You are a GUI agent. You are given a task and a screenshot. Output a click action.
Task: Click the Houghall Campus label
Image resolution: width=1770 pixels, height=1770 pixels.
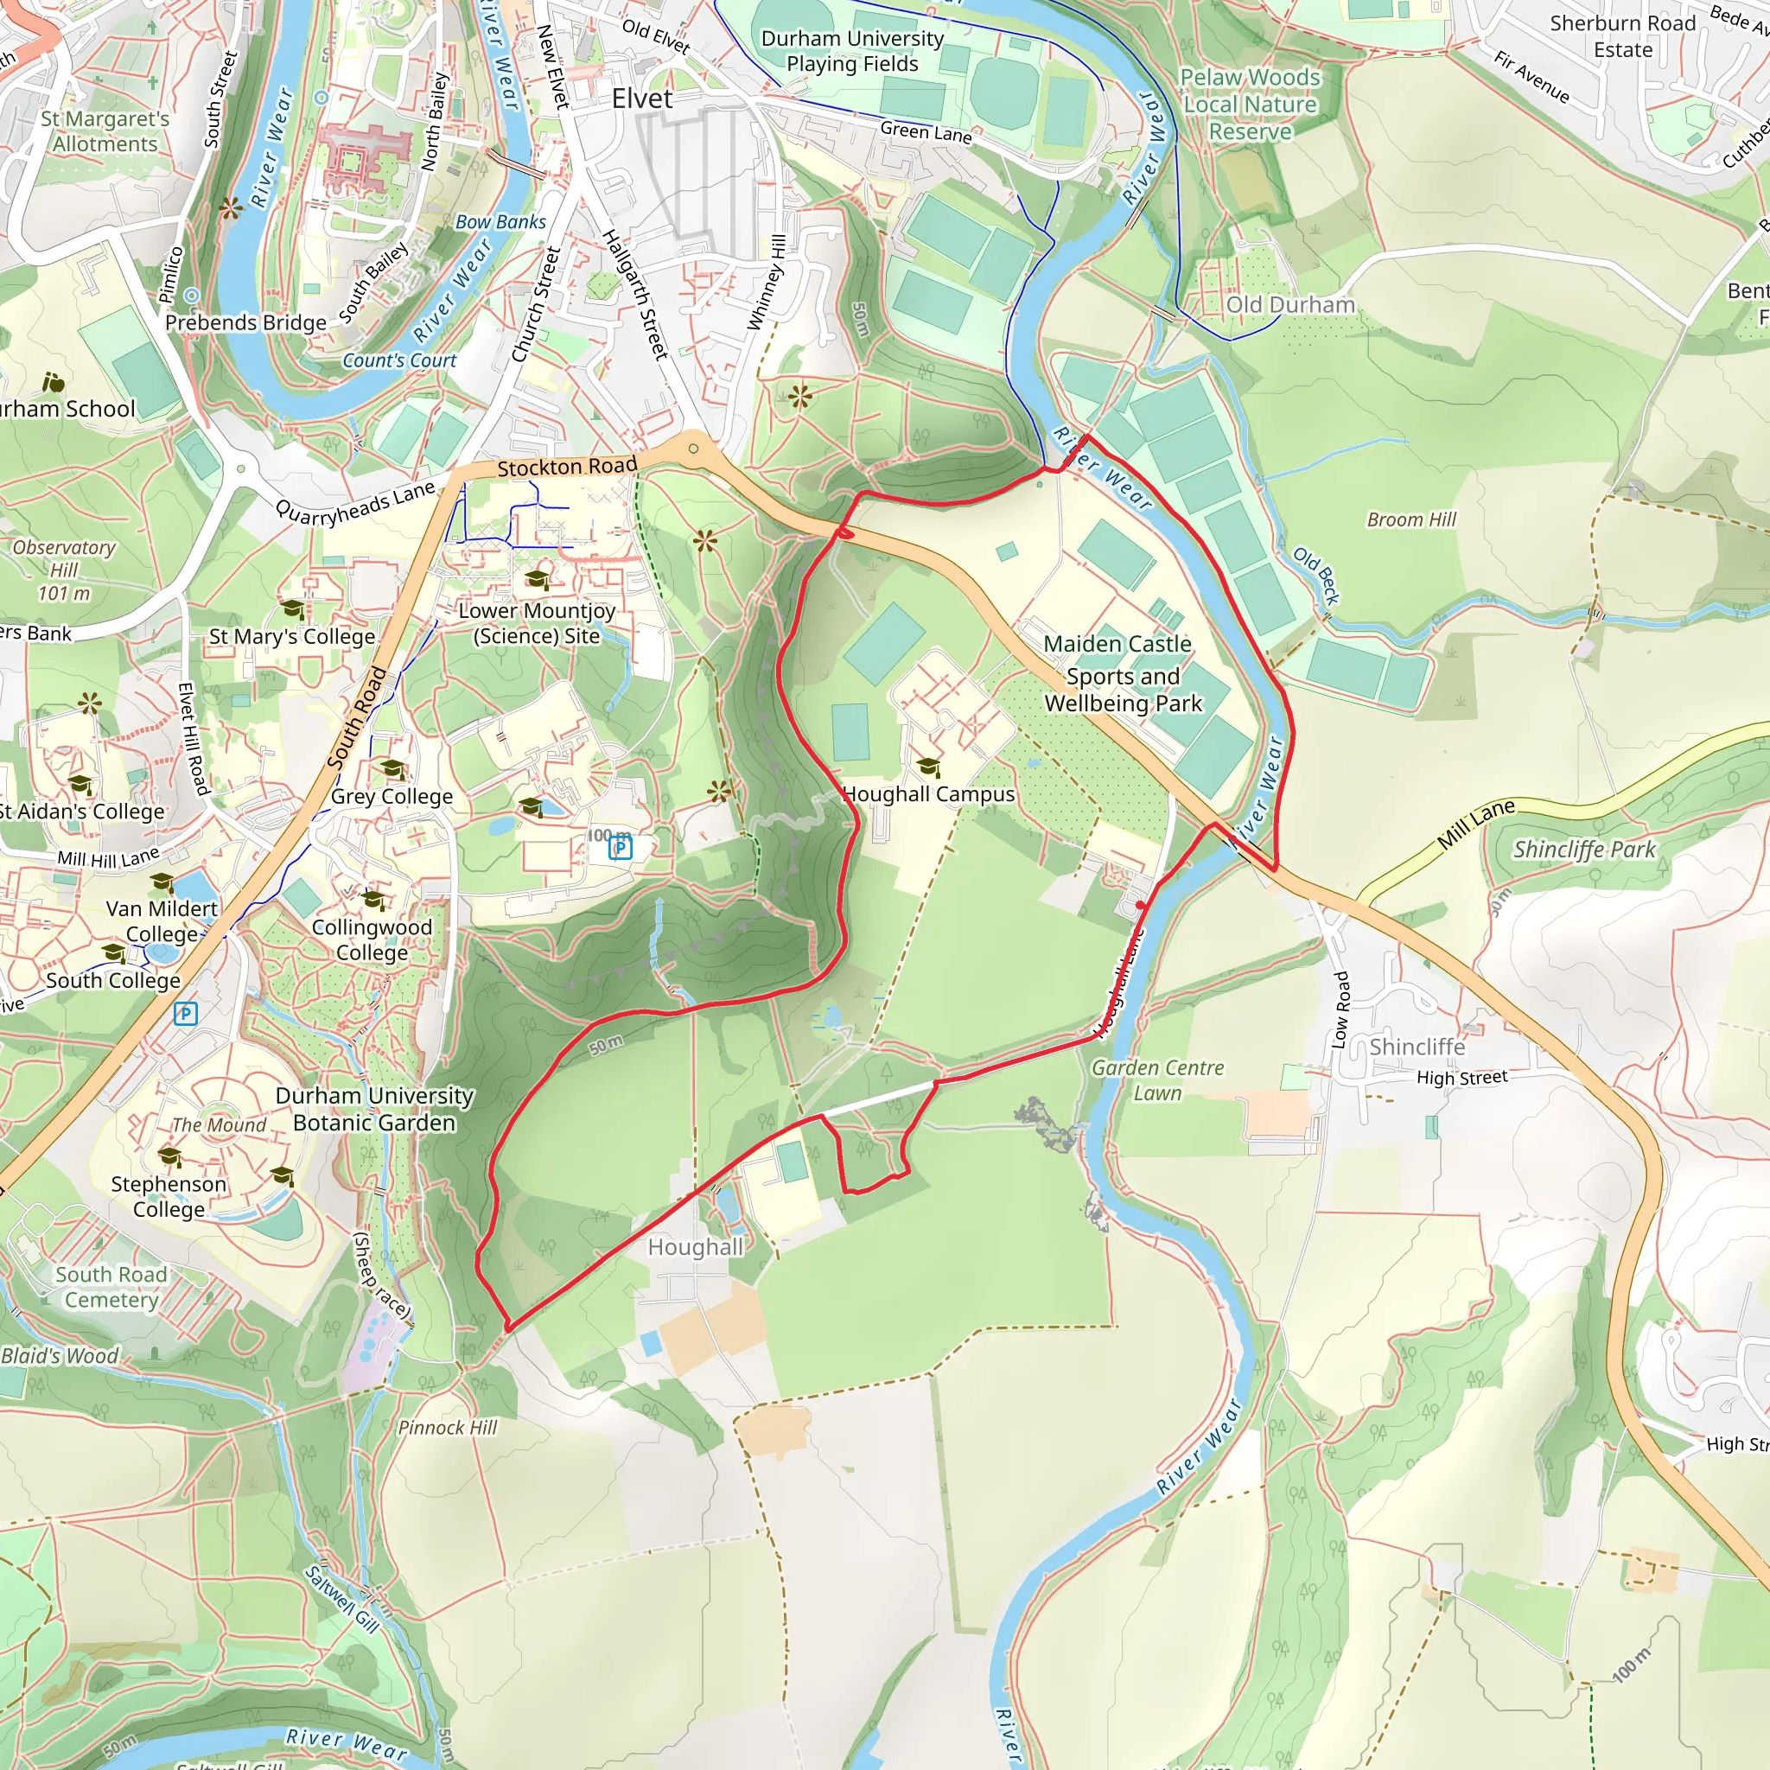tap(928, 794)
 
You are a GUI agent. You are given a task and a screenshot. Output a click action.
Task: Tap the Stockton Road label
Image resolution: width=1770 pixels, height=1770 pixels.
tap(566, 468)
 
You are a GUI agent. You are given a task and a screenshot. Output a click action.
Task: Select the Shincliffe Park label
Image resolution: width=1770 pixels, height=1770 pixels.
tap(1584, 850)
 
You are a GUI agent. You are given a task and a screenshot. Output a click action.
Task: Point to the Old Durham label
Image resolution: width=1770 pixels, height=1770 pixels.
tap(1290, 305)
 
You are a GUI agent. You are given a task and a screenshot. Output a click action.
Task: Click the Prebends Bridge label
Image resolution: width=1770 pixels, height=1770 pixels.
tap(245, 322)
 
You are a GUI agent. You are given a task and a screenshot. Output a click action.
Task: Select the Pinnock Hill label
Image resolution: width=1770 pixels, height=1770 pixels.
tap(447, 1428)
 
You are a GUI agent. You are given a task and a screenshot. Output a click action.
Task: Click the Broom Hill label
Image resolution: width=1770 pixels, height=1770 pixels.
tap(1410, 519)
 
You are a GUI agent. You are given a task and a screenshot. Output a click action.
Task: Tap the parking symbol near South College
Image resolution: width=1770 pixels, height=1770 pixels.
tap(186, 1013)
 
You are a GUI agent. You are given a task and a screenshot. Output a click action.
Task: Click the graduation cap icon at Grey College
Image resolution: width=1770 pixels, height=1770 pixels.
tap(392, 767)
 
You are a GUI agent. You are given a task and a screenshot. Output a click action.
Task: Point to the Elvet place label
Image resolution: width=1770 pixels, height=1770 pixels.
tap(641, 99)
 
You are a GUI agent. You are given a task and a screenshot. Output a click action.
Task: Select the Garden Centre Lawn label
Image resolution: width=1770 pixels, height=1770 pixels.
tap(1157, 1080)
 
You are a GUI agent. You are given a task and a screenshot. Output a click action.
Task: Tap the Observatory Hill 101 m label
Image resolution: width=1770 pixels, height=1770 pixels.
tap(63, 570)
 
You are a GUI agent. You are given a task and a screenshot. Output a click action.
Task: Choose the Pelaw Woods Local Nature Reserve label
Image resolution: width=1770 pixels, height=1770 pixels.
tap(1250, 105)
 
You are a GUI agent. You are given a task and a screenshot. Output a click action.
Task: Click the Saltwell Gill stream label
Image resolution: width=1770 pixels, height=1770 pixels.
tap(341, 1599)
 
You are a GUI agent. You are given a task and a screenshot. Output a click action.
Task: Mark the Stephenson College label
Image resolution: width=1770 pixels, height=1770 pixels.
tap(169, 1195)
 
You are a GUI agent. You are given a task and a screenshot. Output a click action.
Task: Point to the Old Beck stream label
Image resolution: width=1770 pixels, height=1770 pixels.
tap(1316, 576)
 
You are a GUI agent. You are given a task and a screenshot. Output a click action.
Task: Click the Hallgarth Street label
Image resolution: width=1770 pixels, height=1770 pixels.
tap(634, 294)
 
